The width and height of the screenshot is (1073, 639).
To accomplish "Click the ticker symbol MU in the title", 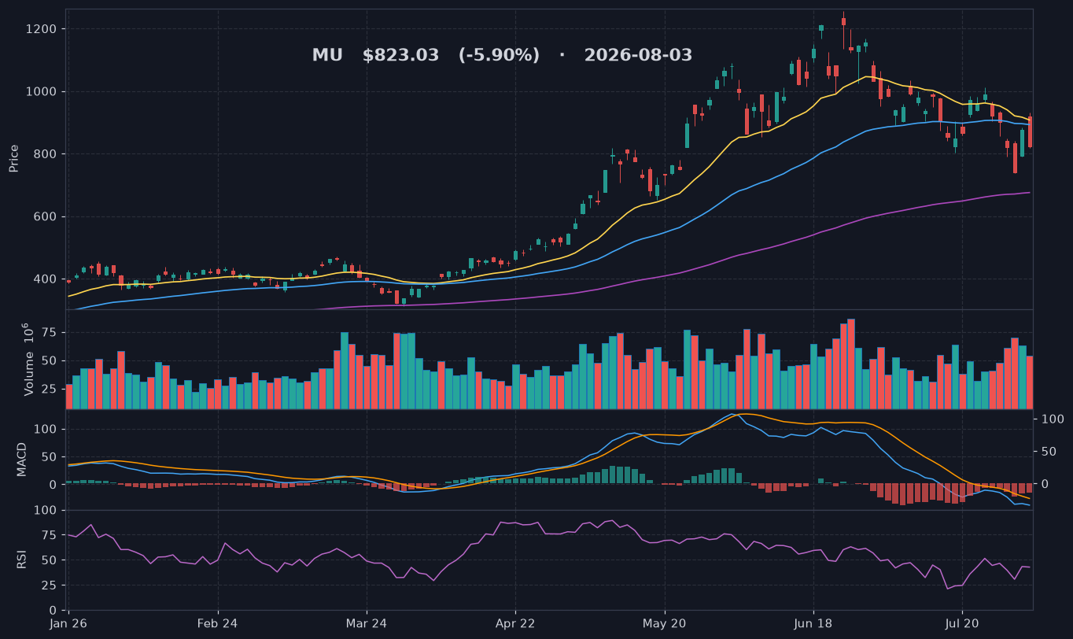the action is (327, 55).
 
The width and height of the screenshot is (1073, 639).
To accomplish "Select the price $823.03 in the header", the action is (400, 55).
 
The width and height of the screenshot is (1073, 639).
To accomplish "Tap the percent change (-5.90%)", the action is (500, 55).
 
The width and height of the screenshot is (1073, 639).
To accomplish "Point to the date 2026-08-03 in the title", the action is (638, 55).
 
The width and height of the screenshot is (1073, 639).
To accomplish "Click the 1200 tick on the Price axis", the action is (41, 29).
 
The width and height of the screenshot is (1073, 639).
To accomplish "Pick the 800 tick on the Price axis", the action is (45, 154).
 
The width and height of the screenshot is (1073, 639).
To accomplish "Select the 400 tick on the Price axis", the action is (45, 279).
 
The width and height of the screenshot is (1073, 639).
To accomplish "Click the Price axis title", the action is (13, 159).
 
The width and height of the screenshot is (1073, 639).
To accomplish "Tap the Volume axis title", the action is (29, 360).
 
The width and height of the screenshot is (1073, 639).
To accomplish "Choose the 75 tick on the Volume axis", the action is (50, 333).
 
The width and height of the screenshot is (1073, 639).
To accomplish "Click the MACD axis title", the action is (21, 460).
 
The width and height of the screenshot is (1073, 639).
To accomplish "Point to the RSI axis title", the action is (21, 560).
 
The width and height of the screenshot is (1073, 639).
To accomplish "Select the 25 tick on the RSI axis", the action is (50, 585).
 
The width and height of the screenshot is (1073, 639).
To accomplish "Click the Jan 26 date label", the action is (68, 624).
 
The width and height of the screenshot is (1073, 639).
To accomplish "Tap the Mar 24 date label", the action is (367, 624).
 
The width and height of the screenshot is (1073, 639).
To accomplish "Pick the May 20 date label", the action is (665, 624).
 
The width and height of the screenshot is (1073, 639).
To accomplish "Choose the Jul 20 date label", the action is (962, 624).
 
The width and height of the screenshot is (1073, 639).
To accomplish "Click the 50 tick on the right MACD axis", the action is (1049, 452).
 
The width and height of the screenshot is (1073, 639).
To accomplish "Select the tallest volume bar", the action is (850, 364).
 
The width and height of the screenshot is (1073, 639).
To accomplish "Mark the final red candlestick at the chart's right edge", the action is (1030, 132).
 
